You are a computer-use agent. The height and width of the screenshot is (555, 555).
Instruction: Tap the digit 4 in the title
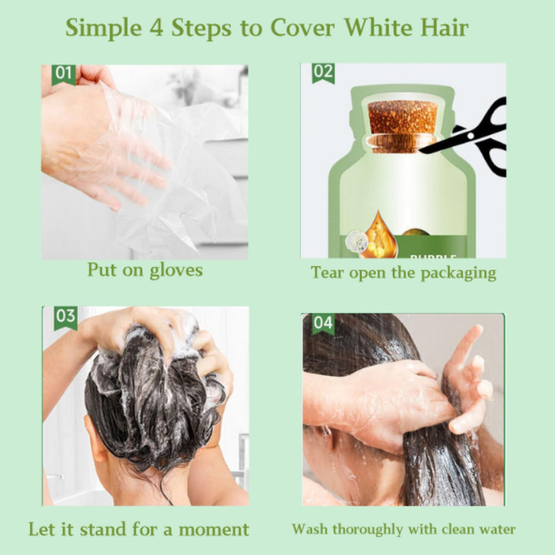pos(156,27)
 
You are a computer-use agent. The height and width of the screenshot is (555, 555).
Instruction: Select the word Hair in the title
pos(445,27)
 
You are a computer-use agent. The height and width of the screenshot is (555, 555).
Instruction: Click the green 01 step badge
pos(64,75)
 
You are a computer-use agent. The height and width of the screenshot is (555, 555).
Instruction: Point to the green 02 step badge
pos(323,73)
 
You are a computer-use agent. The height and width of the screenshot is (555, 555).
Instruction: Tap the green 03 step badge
pos(66,318)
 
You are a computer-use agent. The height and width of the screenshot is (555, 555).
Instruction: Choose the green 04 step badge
pos(323,324)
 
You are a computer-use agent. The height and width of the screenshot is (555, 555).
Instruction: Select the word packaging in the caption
pos(458,273)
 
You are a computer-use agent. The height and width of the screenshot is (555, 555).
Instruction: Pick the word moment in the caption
pos(214,529)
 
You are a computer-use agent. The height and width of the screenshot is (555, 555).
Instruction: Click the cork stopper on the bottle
pos(402,126)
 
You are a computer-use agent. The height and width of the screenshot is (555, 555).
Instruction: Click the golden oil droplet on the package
pos(377,232)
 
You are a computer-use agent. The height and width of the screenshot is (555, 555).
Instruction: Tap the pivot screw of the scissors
pos(471,135)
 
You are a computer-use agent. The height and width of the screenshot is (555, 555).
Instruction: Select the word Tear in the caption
pos(327,273)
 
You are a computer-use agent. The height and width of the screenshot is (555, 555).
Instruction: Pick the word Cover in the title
pos(302,27)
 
